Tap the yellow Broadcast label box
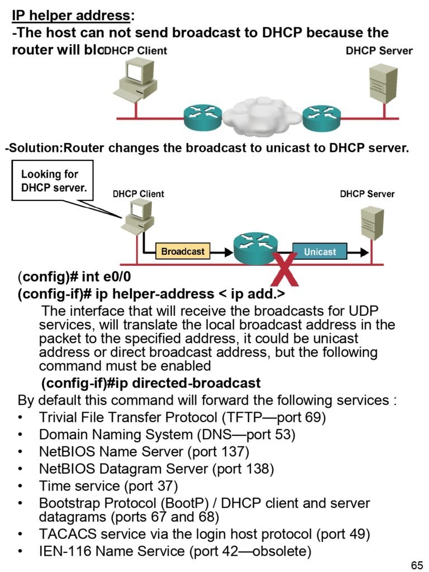click(x=183, y=251)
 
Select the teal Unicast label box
click(x=320, y=251)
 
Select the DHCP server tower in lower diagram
click(x=371, y=224)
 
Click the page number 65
click(x=417, y=565)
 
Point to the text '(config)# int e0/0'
click(x=74, y=277)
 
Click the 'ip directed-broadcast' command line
click(x=151, y=383)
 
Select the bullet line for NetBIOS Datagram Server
click(x=156, y=468)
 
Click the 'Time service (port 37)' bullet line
click(x=108, y=485)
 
